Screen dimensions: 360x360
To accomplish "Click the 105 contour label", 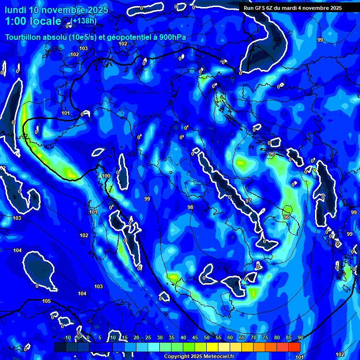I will pyautogui.click(x=46, y=301).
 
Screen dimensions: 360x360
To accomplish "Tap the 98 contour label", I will pyautogui.click(x=190, y=207).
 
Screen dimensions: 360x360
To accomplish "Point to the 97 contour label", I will pyautogui.click(x=248, y=201).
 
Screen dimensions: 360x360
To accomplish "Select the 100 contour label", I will pyautogui.click(x=106, y=176).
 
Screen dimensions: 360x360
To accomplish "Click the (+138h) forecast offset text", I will pyautogui.click(x=84, y=21).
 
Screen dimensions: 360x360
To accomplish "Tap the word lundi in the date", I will pyautogui.click(x=15, y=10).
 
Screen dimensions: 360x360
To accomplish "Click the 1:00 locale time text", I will pyautogui.click(x=33, y=22).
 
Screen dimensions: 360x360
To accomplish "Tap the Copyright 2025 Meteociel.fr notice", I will pyautogui.click(x=199, y=357).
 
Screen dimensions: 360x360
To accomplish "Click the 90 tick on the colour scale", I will pyautogui.click(x=300, y=338).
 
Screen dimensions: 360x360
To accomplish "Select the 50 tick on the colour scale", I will pyautogui.click(x=206, y=338).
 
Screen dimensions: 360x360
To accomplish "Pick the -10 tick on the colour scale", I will pyautogui.click(x=67, y=338).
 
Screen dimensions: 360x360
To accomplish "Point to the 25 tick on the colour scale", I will pyautogui.click(x=148, y=338).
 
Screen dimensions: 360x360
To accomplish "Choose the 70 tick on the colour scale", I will pyautogui.click(x=253, y=338).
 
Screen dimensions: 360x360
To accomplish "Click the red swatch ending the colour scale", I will pyautogui.click(x=294, y=347).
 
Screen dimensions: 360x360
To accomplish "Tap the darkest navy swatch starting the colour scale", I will pyautogui.click(x=60, y=347).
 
